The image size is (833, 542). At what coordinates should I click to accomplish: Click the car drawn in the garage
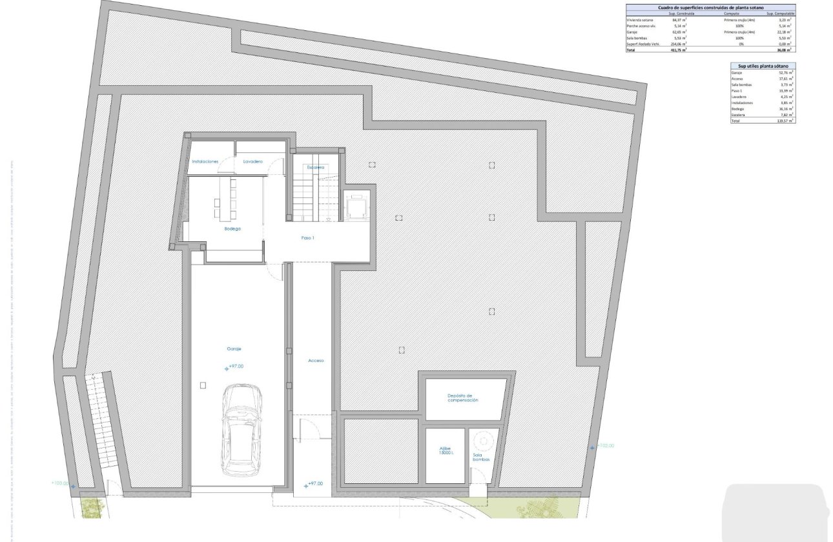[x=242, y=431]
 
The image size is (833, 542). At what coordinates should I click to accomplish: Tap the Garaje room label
[x=234, y=348]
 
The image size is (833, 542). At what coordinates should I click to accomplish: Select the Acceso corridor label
[x=316, y=361]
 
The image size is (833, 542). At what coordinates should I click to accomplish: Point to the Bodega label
[x=232, y=229]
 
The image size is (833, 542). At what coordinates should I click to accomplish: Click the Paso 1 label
[x=308, y=238]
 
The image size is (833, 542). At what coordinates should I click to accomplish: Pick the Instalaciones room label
[x=205, y=161]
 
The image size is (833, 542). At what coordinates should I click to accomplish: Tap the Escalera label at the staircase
[x=316, y=167]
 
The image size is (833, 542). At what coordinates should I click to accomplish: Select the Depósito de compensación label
[x=463, y=398]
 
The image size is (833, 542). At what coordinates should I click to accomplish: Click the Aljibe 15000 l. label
[x=446, y=452]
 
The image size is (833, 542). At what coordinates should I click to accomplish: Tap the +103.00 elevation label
[x=59, y=483]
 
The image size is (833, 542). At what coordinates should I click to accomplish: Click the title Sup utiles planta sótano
[x=763, y=66]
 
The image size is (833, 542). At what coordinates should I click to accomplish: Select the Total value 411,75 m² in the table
[x=679, y=50]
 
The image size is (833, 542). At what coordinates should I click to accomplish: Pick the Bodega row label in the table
[x=737, y=109]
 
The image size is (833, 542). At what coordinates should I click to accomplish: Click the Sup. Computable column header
[x=780, y=14]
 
